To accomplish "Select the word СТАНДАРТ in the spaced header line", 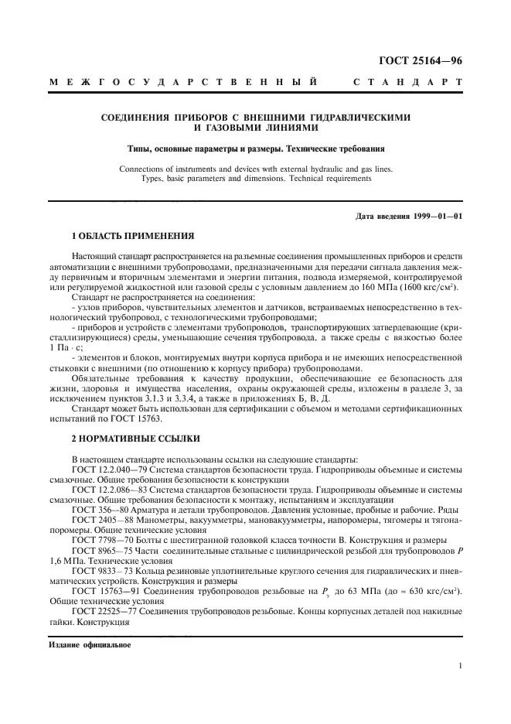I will point(408,81).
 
